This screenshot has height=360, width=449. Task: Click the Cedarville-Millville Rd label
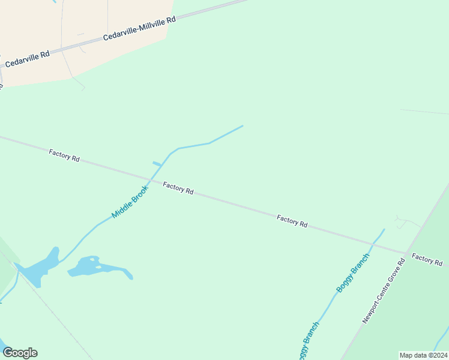(x=139, y=28)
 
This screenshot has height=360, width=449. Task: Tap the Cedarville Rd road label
(x=27, y=59)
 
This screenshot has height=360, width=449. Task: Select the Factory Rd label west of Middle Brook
(x=64, y=156)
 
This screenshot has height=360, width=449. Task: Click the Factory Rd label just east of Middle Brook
(x=178, y=188)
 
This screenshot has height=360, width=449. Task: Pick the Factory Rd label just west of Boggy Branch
(x=292, y=221)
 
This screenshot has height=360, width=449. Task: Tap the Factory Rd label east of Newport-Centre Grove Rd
(x=427, y=260)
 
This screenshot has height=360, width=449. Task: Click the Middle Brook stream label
(x=129, y=202)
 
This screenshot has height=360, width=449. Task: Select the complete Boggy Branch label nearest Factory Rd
(x=353, y=272)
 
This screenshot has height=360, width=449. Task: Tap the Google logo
(x=20, y=353)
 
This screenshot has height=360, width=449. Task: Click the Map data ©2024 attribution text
(x=423, y=355)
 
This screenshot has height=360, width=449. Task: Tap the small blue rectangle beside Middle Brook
(x=157, y=164)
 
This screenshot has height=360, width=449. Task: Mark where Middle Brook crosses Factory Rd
(x=150, y=179)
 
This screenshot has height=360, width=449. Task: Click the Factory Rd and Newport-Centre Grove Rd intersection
(x=406, y=254)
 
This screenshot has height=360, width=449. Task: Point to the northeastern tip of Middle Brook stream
(x=243, y=126)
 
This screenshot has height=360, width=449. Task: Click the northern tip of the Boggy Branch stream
(x=384, y=229)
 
